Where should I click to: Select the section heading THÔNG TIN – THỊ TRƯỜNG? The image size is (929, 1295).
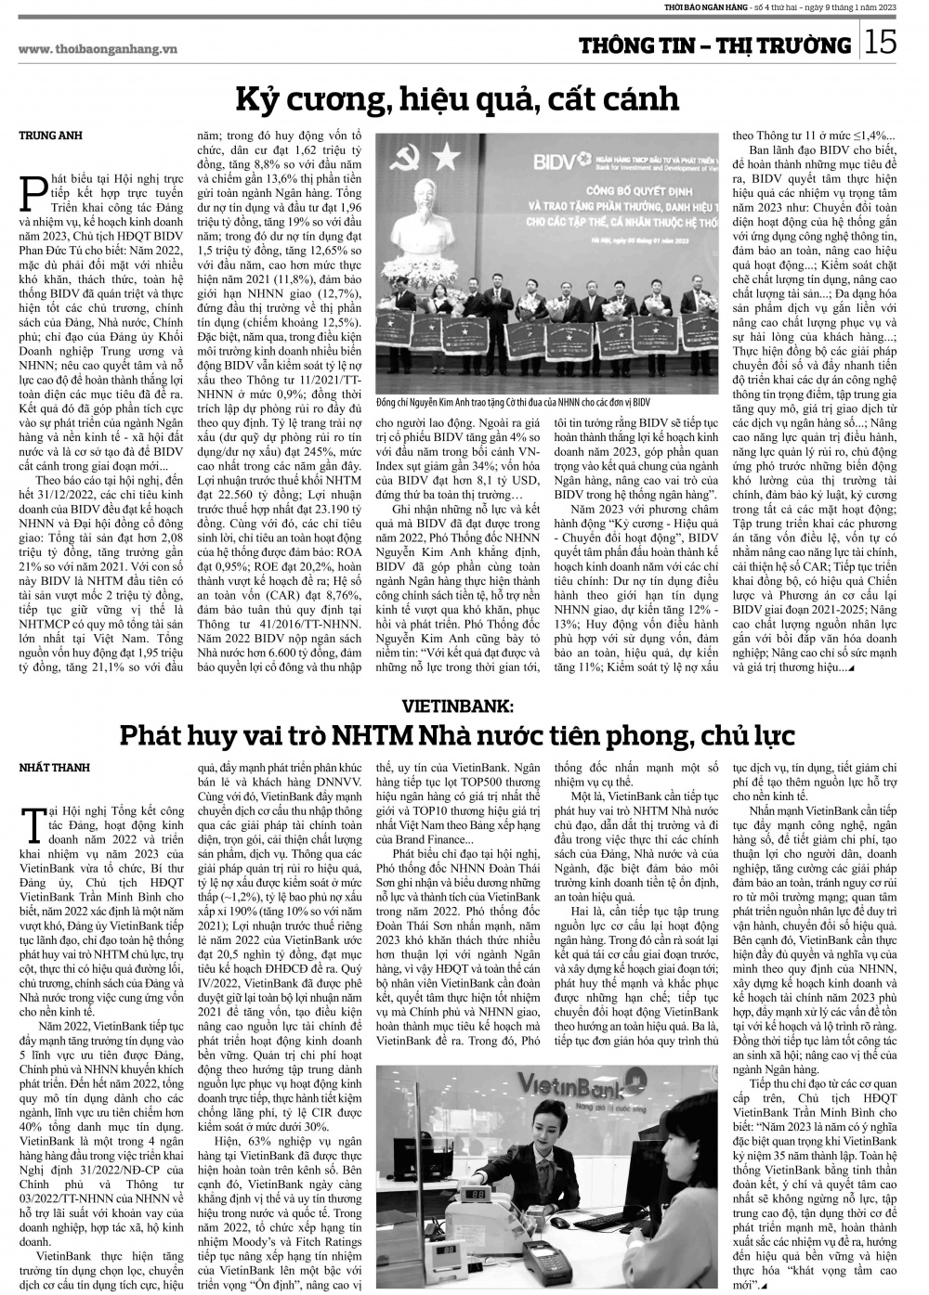pos(714,45)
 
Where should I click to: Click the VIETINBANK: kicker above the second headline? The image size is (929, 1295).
pos(464,705)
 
